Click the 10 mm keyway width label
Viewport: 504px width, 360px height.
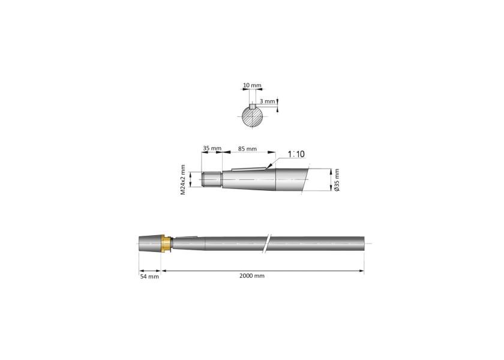[252, 85]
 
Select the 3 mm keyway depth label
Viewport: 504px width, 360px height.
[267, 101]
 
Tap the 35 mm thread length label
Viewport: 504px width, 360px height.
[212, 148]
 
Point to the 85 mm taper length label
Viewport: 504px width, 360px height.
[247, 149]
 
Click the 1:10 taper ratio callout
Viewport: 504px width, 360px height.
[296, 154]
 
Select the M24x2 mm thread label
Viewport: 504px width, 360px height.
[183, 179]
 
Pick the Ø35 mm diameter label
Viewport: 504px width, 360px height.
[337, 180]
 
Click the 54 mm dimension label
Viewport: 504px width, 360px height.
[149, 277]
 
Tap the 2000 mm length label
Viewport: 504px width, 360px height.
[251, 276]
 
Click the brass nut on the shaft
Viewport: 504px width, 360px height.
[166, 244]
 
